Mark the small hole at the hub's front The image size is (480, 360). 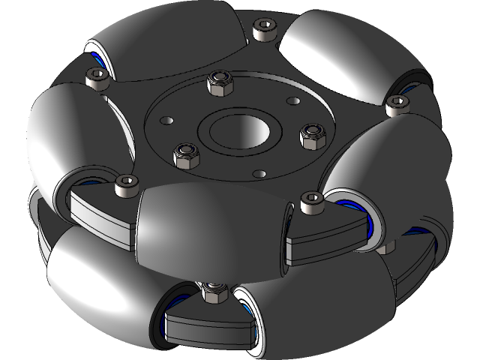(259, 174)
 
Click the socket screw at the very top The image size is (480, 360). (262, 29)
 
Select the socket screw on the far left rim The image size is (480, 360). (95, 78)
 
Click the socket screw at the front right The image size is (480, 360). (310, 202)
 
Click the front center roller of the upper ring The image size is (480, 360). (210, 229)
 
